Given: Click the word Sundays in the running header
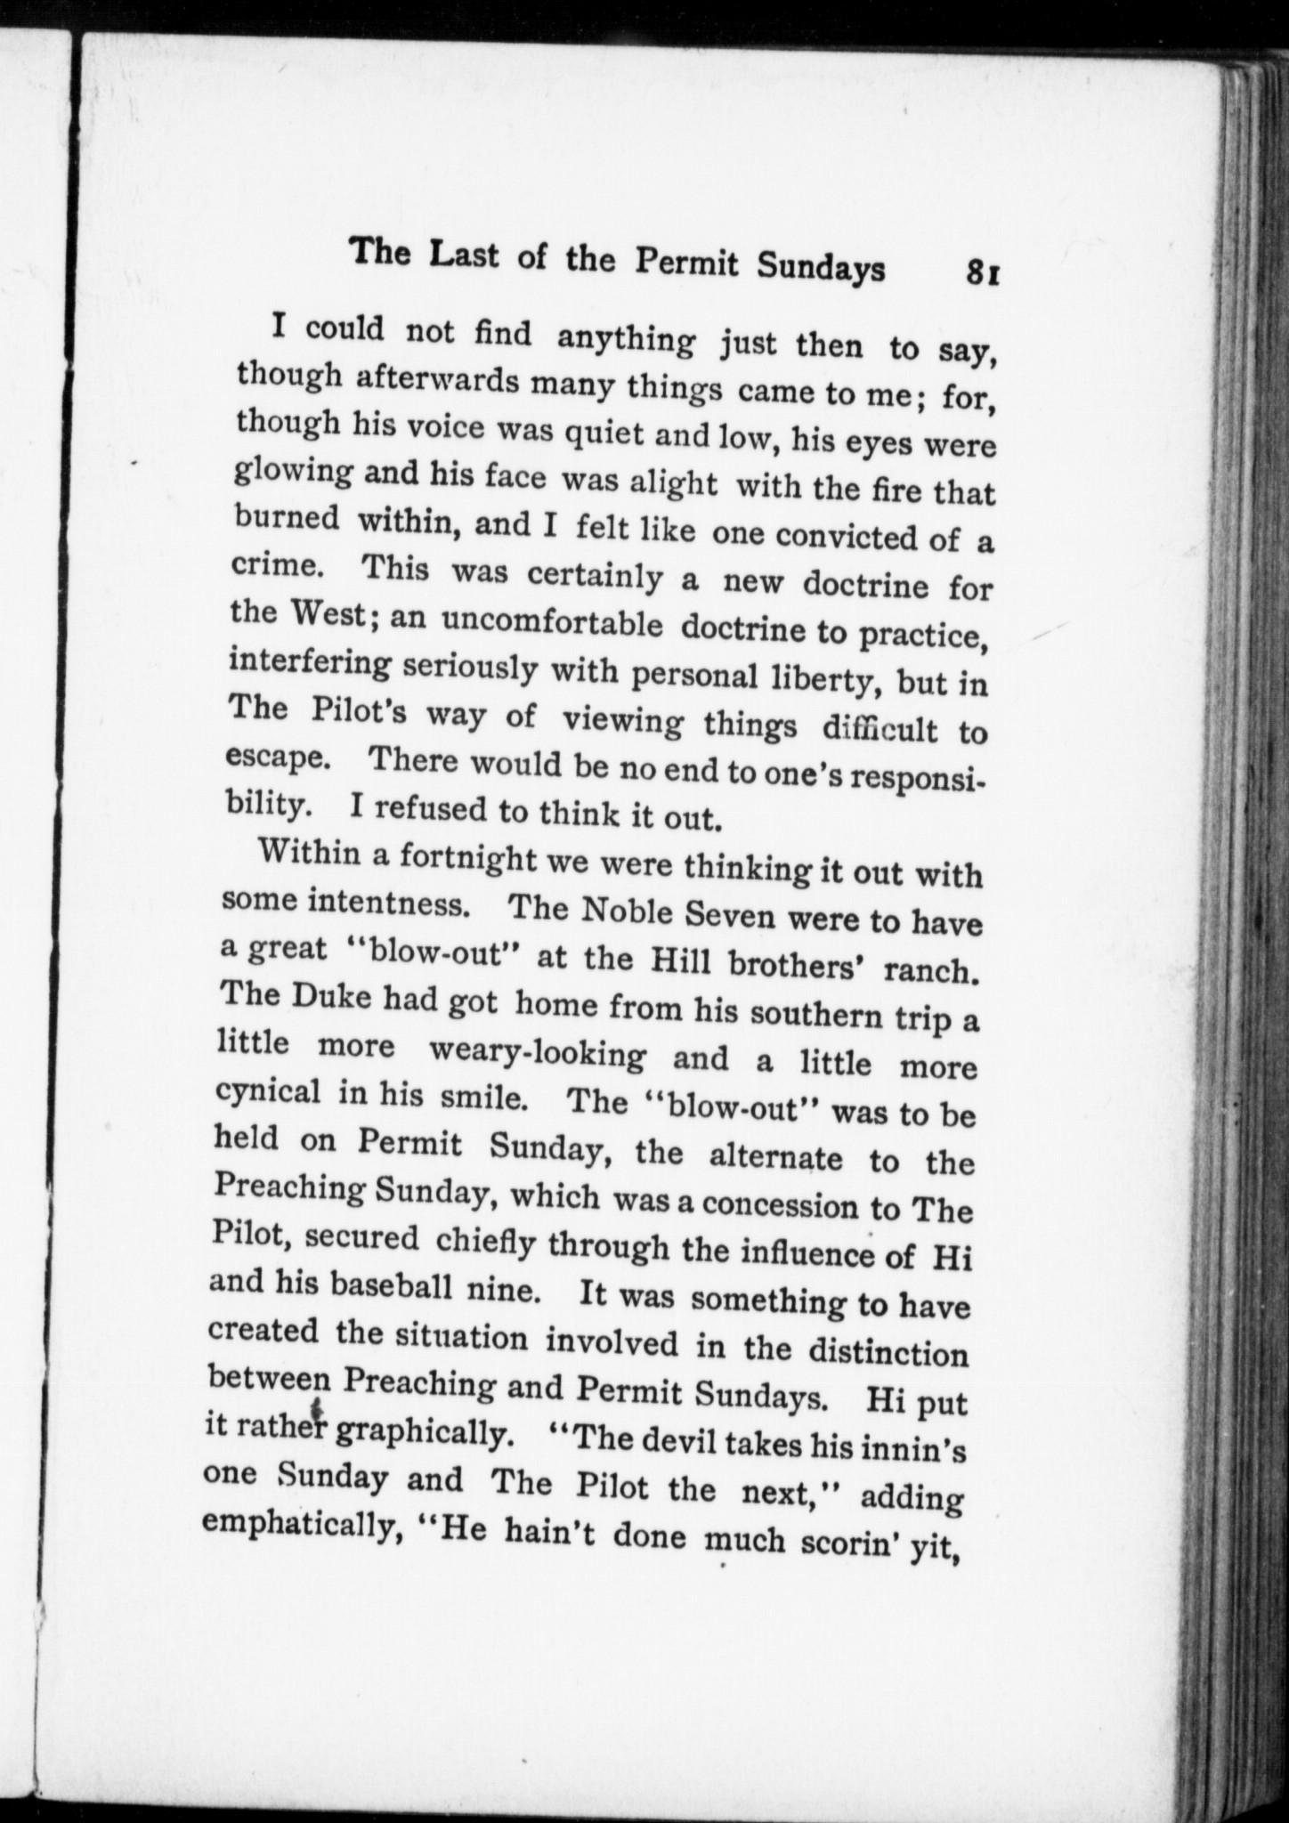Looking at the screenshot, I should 821,266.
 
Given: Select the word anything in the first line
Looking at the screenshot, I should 626,339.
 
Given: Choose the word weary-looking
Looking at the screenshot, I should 538,1053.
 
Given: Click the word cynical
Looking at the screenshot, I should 269,1092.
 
